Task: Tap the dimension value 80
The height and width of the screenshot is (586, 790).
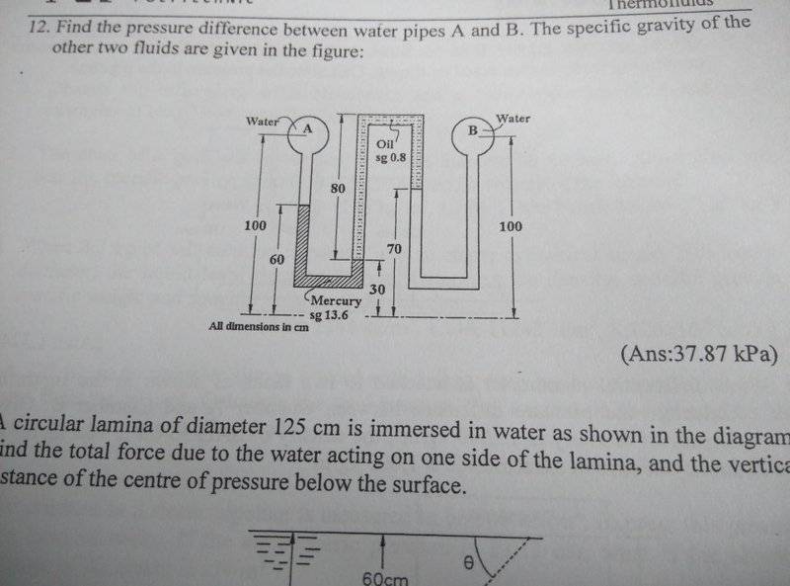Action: [338, 187]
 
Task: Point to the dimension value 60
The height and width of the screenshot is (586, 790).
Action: [277, 258]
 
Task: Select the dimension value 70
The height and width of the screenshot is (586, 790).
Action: [394, 249]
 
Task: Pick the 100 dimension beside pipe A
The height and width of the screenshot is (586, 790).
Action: [255, 226]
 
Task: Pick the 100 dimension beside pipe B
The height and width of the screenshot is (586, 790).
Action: [511, 226]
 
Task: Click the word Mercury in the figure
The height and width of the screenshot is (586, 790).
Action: [337, 300]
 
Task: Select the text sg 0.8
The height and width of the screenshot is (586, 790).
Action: [390, 158]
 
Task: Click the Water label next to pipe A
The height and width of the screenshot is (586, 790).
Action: [263, 121]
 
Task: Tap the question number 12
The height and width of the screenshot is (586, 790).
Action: [39, 29]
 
